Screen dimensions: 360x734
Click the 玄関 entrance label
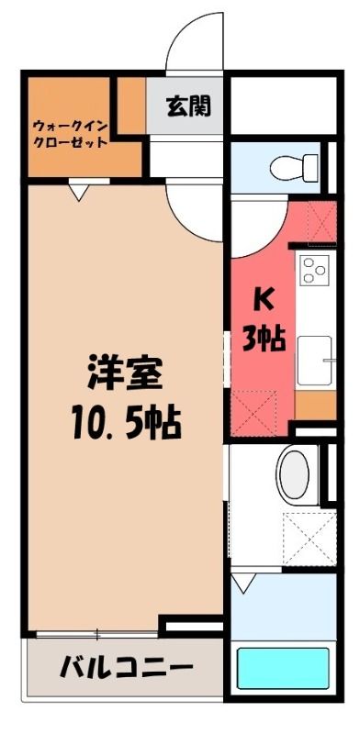188,106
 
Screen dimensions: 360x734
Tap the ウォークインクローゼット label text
71,134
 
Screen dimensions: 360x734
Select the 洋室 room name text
125,373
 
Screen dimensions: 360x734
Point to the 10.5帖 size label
127,423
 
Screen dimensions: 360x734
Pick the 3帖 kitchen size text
264,339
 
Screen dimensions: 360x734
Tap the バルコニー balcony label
126,668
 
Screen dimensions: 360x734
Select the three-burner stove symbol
314,270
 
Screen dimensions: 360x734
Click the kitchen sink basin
314,361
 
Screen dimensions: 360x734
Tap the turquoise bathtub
283,668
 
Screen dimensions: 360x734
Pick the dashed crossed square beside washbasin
309,539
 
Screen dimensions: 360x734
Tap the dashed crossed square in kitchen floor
254,413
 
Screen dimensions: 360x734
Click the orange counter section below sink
316,405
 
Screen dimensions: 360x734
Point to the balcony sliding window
97,634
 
